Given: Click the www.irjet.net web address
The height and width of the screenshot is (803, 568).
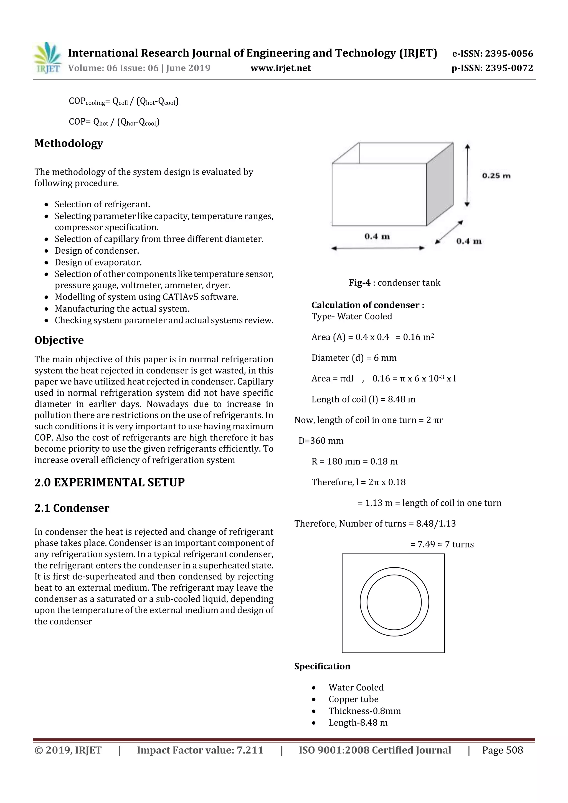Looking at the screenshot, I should pos(281,68).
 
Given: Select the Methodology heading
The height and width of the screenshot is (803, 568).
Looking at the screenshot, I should pos(69,143).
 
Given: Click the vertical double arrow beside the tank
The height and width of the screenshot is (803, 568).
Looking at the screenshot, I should pos(468,175).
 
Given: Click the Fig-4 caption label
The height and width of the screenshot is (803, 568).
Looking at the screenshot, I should pos(359,283).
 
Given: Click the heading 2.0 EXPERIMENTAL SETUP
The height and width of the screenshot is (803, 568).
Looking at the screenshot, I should pos(110,482).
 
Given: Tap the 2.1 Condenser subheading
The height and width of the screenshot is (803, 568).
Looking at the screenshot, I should pos(72,508).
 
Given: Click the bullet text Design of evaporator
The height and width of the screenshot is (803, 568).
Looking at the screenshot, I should pos(98,262).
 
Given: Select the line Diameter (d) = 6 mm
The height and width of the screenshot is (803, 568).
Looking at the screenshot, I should pos(354,358).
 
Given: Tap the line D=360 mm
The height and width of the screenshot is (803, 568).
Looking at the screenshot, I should pos(321,441).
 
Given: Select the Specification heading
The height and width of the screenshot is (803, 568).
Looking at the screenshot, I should pos(322,666).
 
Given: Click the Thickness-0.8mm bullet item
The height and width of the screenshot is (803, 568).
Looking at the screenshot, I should pos(364,711).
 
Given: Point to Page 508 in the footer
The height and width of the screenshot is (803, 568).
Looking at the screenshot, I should pos(502,750).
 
